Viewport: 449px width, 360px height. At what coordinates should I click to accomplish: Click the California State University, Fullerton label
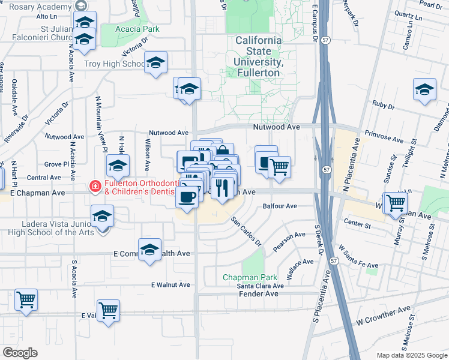point(258,56)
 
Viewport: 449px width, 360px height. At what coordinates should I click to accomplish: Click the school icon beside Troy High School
point(156,62)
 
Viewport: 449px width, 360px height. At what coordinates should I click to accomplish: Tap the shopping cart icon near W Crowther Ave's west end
point(109,311)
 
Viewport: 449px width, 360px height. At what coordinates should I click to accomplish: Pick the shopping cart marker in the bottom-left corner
point(26,299)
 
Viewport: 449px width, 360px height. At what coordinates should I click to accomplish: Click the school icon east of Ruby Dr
point(424,90)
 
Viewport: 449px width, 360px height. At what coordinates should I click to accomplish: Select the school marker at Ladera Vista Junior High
point(103,215)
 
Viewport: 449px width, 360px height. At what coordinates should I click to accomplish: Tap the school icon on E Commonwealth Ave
point(149,250)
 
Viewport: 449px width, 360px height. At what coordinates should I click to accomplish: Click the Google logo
point(20,353)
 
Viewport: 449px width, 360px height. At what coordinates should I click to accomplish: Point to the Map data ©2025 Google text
point(412,355)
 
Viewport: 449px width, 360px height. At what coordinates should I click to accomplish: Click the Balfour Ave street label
point(280,206)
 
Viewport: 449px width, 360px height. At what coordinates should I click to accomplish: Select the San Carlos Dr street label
point(247,231)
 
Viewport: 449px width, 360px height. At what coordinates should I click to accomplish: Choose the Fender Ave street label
point(259,294)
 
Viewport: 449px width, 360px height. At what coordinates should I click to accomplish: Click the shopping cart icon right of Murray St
point(396,203)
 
